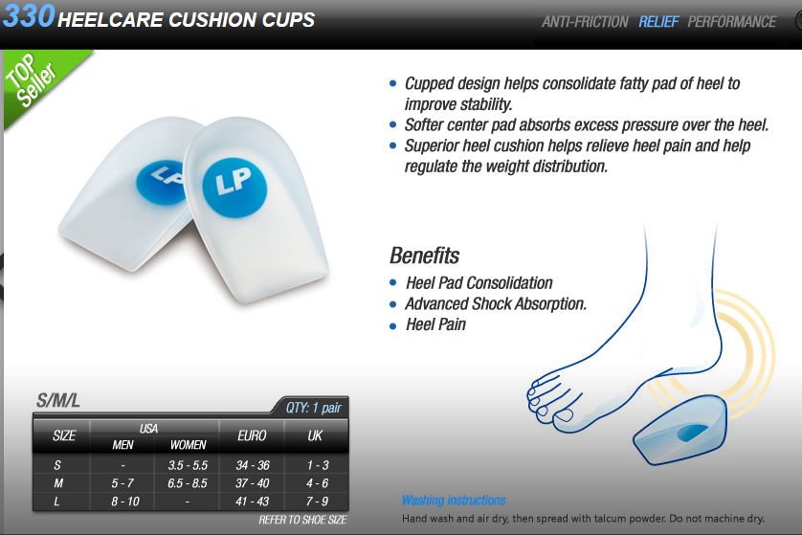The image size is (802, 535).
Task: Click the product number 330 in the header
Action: (x=29, y=15)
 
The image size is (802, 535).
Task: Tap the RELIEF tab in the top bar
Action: (x=658, y=21)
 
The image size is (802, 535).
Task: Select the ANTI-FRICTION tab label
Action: (x=585, y=21)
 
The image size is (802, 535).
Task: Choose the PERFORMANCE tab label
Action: (x=731, y=21)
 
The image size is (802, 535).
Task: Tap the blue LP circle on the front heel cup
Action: (x=234, y=185)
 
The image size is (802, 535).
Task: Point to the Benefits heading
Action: (x=425, y=256)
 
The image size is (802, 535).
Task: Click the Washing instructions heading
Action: (x=454, y=500)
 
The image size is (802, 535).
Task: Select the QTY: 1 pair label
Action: (x=313, y=408)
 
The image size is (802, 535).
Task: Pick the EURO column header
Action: (x=252, y=435)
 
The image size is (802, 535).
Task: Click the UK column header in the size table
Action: (x=315, y=435)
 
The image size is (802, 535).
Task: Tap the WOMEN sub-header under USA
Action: (x=188, y=445)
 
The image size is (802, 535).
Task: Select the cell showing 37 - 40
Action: (x=252, y=482)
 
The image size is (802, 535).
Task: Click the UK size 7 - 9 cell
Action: (x=317, y=502)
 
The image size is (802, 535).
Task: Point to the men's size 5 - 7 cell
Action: (x=123, y=482)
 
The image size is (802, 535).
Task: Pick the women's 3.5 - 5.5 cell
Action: (x=188, y=465)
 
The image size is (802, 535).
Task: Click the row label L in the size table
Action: (x=56, y=502)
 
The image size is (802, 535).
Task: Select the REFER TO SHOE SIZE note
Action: (x=302, y=520)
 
